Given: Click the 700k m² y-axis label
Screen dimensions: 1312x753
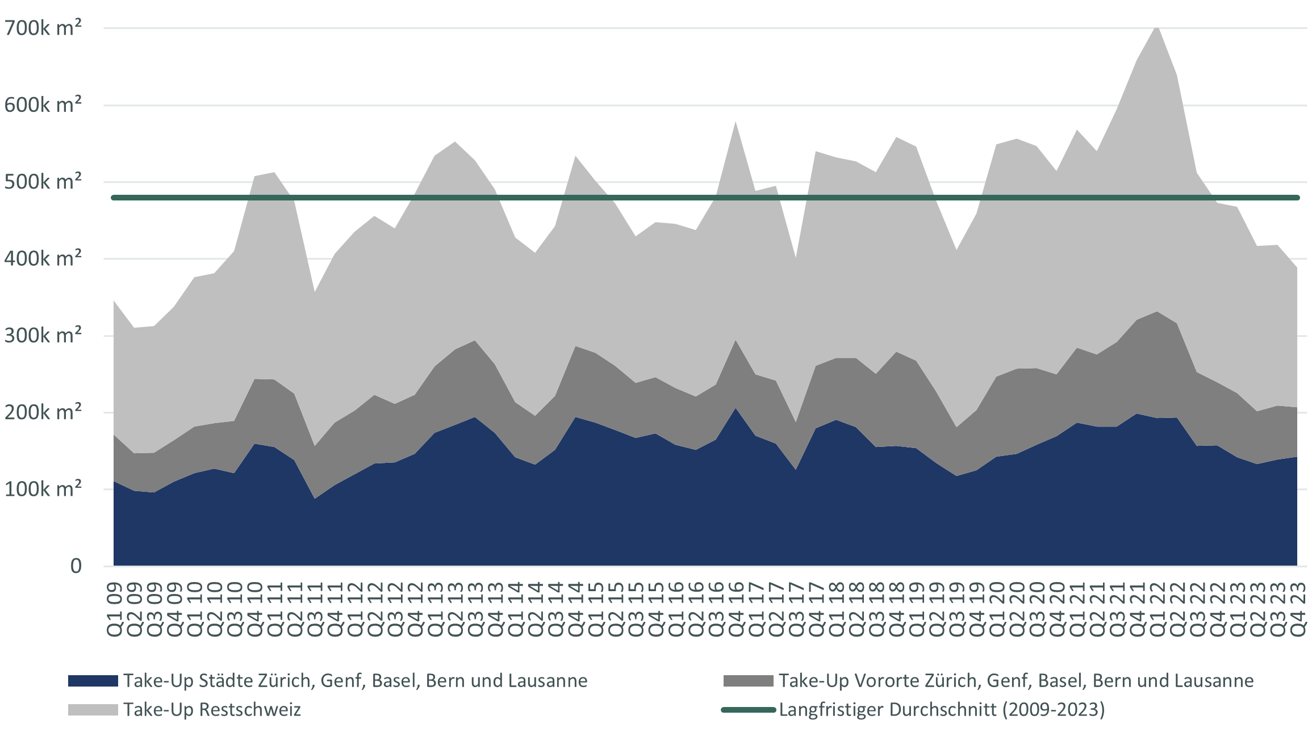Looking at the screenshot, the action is click(x=43, y=27).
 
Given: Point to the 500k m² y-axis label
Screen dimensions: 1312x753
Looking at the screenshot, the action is click(x=43, y=182).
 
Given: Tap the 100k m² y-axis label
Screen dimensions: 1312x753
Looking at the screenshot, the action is click(x=43, y=489).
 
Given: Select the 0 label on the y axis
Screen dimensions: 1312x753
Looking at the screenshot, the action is click(x=76, y=566).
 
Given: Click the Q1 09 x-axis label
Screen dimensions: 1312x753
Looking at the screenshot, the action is click(x=115, y=609).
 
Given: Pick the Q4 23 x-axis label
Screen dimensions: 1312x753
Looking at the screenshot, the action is click(x=1297, y=609).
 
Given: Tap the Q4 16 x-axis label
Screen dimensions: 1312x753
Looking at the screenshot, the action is click(x=736, y=609).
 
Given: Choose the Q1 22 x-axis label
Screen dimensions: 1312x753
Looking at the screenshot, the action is click(x=1157, y=609).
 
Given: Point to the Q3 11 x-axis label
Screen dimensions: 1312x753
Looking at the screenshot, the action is click(x=315, y=609).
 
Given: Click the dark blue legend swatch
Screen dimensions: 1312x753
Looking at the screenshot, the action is click(x=93, y=681).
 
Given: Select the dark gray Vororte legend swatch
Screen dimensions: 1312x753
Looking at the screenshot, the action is click(x=748, y=681).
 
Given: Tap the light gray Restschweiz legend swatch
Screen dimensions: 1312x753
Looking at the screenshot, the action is click(x=93, y=710).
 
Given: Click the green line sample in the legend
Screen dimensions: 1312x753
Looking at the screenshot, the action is click(x=748, y=710).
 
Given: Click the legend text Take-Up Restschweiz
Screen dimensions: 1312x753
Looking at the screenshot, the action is click(x=212, y=710).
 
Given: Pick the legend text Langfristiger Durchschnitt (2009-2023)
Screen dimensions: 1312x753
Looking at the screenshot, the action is click(x=942, y=710).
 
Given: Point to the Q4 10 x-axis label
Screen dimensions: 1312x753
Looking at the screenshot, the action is click(x=255, y=609).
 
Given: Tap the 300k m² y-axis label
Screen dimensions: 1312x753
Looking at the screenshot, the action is click(x=43, y=336).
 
